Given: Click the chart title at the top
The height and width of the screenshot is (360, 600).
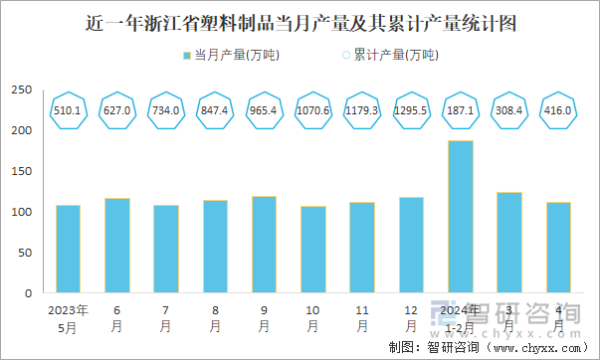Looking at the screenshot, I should tap(300, 22).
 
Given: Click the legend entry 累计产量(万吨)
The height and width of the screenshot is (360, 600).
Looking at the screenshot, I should tap(389, 55).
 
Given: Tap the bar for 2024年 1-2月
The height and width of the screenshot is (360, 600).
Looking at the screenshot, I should tap(460, 217).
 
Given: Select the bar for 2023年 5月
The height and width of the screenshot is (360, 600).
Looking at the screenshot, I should tap(68, 249).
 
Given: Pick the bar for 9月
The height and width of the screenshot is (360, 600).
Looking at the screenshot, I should tap(264, 245).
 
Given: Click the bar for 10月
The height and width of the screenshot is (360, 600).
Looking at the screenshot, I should tap(312, 250).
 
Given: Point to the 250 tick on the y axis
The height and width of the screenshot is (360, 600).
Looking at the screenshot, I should tap(22, 90).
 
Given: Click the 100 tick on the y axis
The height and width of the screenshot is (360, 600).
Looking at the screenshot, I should tap(22, 212).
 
